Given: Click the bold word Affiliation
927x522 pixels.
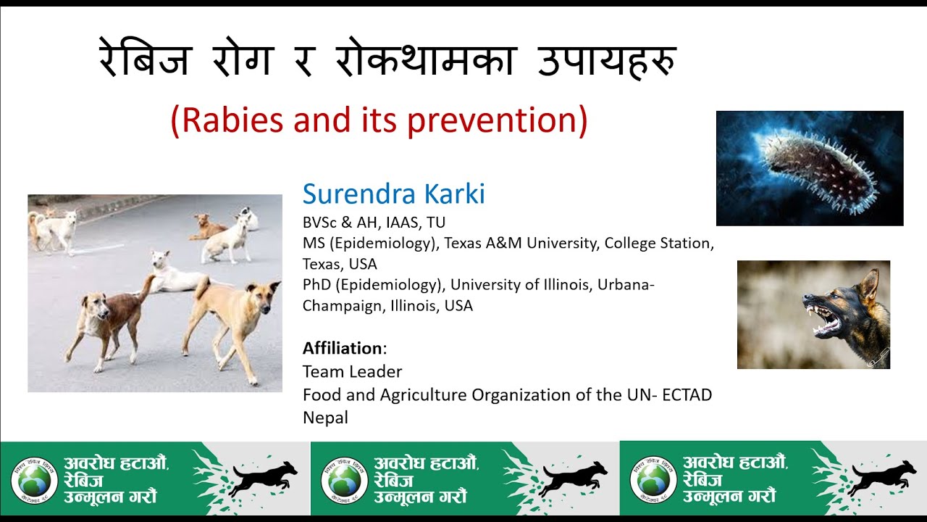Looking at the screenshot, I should [x=343, y=348].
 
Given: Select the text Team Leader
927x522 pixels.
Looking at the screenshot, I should [x=352, y=372].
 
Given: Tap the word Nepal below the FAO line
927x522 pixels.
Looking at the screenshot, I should [x=325, y=418].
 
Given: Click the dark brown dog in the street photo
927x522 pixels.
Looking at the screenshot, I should [x=109, y=319].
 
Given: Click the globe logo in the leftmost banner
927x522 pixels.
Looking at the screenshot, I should [x=34, y=479].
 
